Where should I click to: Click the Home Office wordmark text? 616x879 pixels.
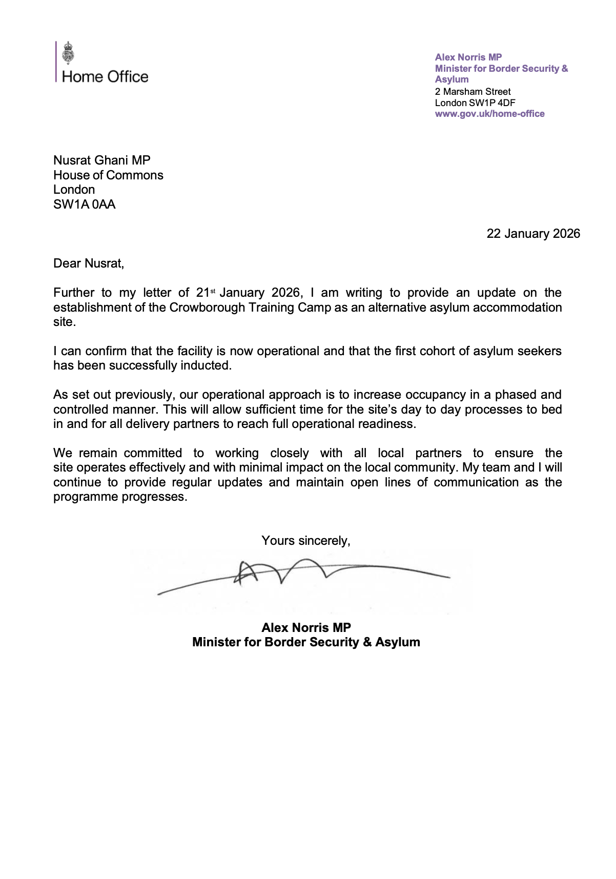(105, 77)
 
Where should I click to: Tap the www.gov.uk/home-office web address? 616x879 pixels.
(489, 114)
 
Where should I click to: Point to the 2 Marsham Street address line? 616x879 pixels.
(473, 92)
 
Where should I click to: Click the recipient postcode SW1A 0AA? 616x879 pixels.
(85, 205)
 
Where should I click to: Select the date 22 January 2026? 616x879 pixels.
(533, 234)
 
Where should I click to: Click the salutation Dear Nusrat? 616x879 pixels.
(89, 263)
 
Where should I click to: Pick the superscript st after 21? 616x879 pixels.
(213, 291)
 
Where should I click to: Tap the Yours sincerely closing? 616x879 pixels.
(306, 540)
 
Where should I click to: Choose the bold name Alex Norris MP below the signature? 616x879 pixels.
(306, 628)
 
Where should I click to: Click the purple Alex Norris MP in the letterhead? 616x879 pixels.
(468, 57)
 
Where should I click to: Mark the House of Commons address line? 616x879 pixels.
(108, 175)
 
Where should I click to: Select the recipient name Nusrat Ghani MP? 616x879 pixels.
(102, 160)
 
